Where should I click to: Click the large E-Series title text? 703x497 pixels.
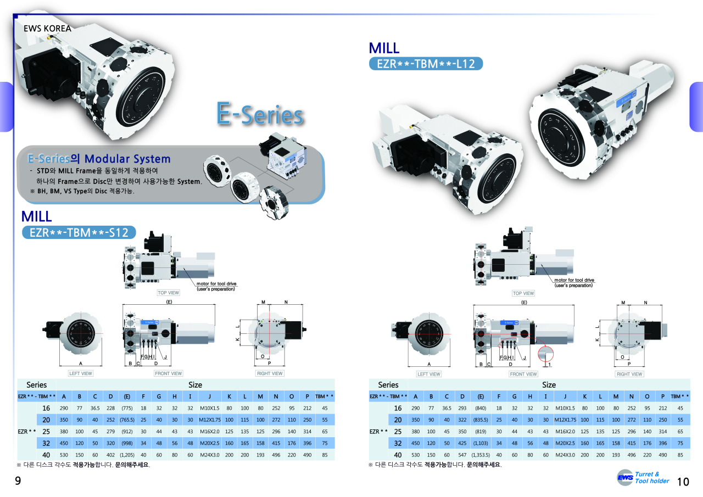click(260, 115)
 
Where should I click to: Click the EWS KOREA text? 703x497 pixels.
click(47, 28)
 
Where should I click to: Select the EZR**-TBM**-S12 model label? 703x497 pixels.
click(79, 232)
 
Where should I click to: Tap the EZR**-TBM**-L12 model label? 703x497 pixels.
click(426, 64)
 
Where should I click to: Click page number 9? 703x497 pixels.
click(18, 482)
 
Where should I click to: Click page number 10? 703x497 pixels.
click(683, 482)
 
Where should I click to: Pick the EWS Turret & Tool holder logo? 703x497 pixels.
click(643, 477)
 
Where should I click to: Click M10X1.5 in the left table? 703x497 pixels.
click(209, 408)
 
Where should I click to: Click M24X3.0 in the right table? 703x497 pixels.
click(565, 455)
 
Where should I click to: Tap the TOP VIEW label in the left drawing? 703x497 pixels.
click(169, 293)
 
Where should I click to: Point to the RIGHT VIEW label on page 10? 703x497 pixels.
click(629, 374)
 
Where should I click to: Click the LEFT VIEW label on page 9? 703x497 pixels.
click(81, 373)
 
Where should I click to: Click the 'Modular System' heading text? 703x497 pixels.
click(127, 159)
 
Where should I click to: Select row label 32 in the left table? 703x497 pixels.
click(46, 443)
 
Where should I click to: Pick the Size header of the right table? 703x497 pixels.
click(549, 384)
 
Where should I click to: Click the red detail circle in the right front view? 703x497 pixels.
click(545, 353)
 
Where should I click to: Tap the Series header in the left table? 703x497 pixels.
click(37, 384)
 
